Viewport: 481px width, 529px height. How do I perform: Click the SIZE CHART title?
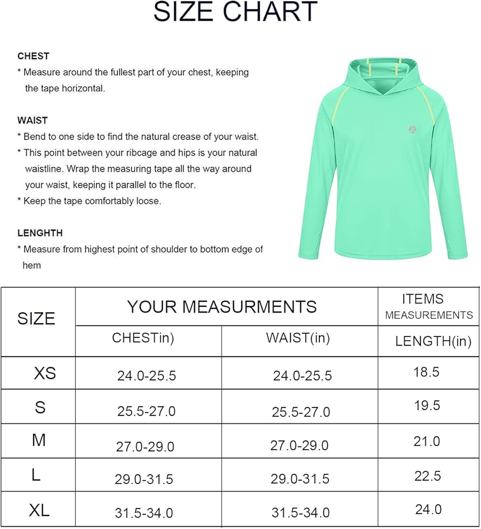pyautogui.click(x=236, y=12)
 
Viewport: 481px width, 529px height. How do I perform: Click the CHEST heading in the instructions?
pyautogui.click(x=33, y=56)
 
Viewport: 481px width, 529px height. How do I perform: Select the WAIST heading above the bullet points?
pyautogui.click(x=33, y=121)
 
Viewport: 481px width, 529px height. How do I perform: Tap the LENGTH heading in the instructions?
pyautogui.click(x=40, y=233)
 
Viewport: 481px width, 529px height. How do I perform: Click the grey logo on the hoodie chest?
pyautogui.click(x=413, y=129)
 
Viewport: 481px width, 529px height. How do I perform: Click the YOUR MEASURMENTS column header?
pyautogui.click(x=222, y=307)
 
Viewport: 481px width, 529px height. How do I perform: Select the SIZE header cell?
pyautogui.click(x=37, y=318)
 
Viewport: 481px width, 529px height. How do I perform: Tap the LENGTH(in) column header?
pyautogui.click(x=433, y=342)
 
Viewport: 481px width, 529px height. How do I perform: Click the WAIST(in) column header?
pyautogui.click(x=298, y=339)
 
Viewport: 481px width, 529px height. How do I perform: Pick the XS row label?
pyautogui.click(x=44, y=373)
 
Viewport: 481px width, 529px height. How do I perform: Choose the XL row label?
pyautogui.click(x=39, y=510)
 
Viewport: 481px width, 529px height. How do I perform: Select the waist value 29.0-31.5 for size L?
pyautogui.click(x=300, y=479)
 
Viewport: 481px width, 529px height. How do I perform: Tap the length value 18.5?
pyautogui.click(x=426, y=372)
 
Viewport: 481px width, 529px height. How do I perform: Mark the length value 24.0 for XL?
pyautogui.click(x=428, y=509)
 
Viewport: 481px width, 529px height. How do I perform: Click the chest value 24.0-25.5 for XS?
pyautogui.click(x=147, y=376)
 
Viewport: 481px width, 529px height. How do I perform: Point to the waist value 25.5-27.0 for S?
pyautogui.click(x=301, y=412)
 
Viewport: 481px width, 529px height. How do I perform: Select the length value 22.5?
pyautogui.click(x=427, y=476)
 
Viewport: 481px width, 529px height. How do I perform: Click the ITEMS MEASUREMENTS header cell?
pyautogui.click(x=429, y=307)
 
